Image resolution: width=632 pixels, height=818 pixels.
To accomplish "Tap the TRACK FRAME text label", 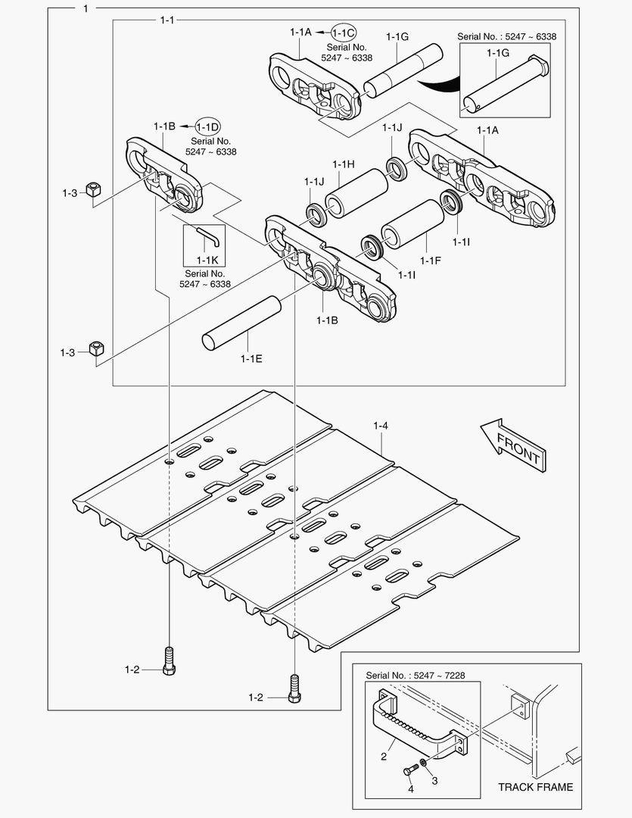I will pos(535,787).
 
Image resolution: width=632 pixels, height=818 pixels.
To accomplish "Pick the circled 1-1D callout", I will pos(208,126).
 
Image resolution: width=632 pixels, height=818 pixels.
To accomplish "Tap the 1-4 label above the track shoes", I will pos(381,426).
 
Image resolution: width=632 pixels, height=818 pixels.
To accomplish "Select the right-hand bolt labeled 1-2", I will pos(294,688).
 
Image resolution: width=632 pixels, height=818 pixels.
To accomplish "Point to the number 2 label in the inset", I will pos(383,755).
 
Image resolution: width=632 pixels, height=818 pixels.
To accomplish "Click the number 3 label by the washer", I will pos(434,779).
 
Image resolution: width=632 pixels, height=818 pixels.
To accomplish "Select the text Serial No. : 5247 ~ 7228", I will pos(421,674).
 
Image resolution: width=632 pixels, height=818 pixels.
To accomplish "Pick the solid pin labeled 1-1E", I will pos(242,323).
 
